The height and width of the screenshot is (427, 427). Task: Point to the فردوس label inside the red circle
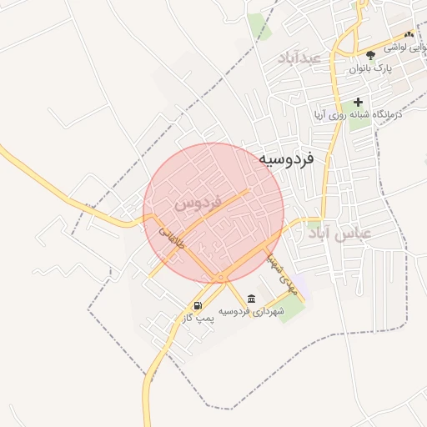(198, 203)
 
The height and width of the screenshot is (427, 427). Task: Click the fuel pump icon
(198, 305)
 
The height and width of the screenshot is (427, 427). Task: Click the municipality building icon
(252, 299)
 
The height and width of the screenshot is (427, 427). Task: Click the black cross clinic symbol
(359, 102)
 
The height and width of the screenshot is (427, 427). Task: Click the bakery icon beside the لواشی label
(409, 35)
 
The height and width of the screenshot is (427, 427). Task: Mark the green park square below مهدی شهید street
(292, 309)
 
